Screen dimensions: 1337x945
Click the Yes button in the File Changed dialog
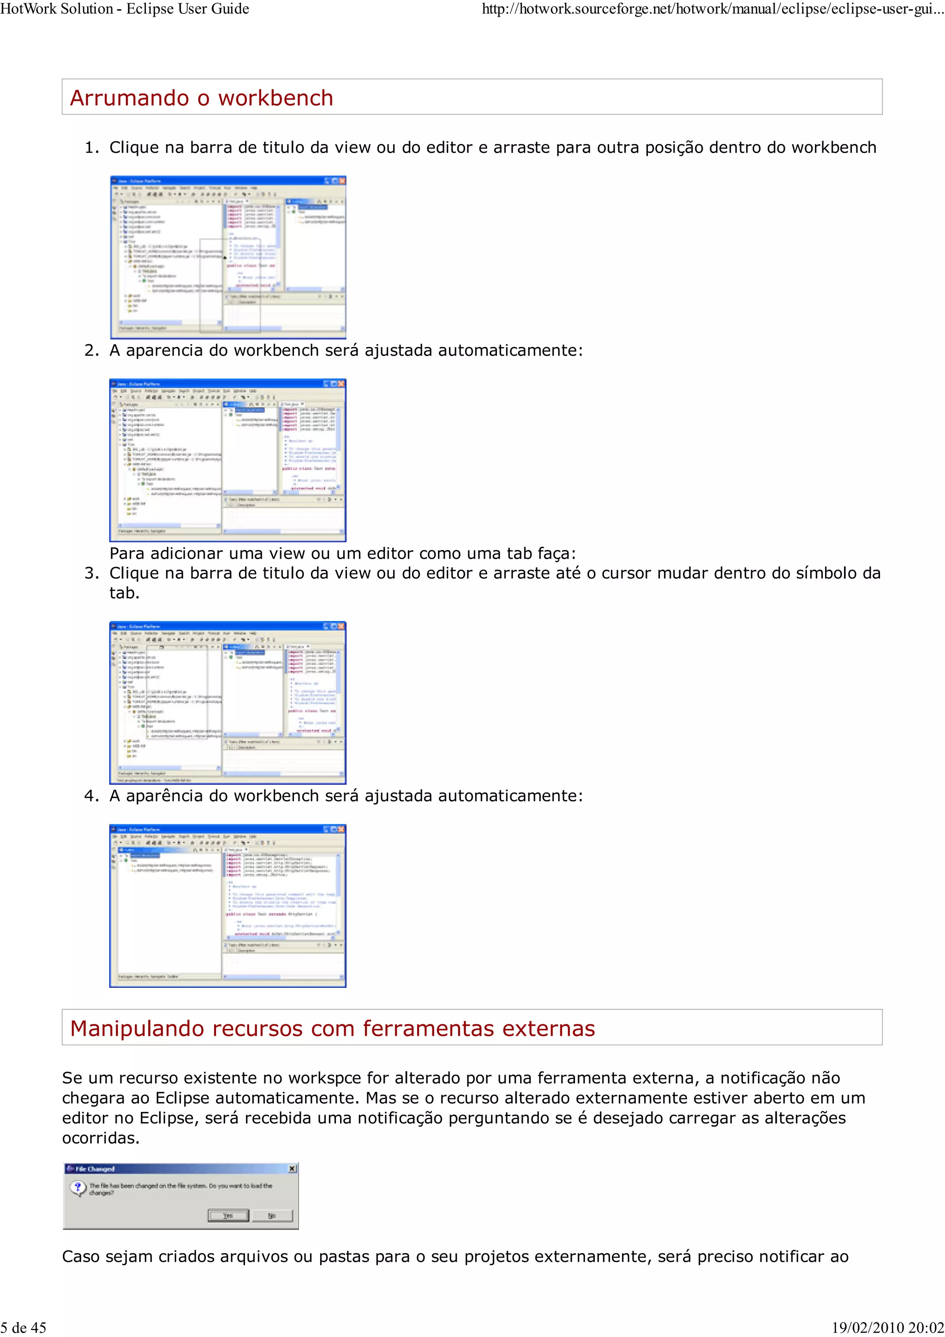pyautogui.click(x=228, y=1215)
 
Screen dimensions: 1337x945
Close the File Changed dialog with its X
pyautogui.click(x=292, y=1168)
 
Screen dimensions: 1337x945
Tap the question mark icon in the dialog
pyautogui.click(x=78, y=1188)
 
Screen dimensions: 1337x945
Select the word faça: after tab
pyautogui.click(x=556, y=553)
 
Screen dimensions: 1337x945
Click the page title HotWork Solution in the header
pyautogui.click(x=57, y=9)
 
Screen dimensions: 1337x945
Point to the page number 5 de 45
pyautogui.click(x=23, y=1327)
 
